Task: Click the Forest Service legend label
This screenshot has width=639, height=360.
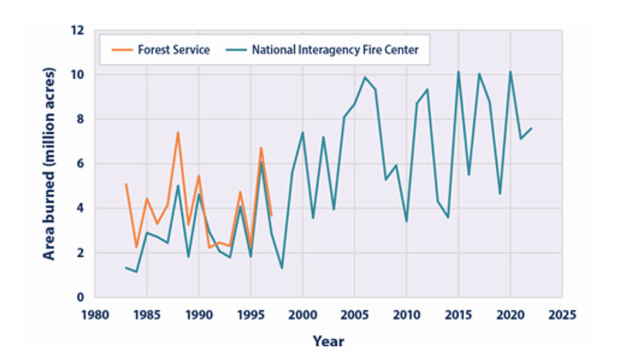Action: [173, 50]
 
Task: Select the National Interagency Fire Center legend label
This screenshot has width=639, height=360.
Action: [335, 50]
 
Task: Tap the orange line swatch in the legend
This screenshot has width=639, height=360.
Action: [122, 50]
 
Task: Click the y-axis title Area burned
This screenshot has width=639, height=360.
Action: [50, 163]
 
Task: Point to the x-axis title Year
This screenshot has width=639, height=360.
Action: [328, 341]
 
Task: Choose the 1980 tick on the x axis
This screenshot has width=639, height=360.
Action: [95, 313]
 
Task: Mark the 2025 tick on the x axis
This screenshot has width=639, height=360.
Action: [562, 313]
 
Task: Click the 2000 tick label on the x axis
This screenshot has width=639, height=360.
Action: [302, 313]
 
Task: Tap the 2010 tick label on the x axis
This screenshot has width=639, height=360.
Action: [406, 313]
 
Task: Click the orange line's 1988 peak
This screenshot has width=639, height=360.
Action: [177, 132]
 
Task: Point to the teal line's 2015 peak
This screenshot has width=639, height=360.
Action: [458, 72]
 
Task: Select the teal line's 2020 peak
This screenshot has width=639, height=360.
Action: [510, 72]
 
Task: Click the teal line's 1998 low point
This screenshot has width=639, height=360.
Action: [282, 268]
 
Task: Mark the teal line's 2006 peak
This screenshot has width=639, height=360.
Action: [364, 77]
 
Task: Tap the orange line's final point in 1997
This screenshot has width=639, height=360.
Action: [271, 216]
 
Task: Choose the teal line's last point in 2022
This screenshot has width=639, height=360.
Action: [531, 128]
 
